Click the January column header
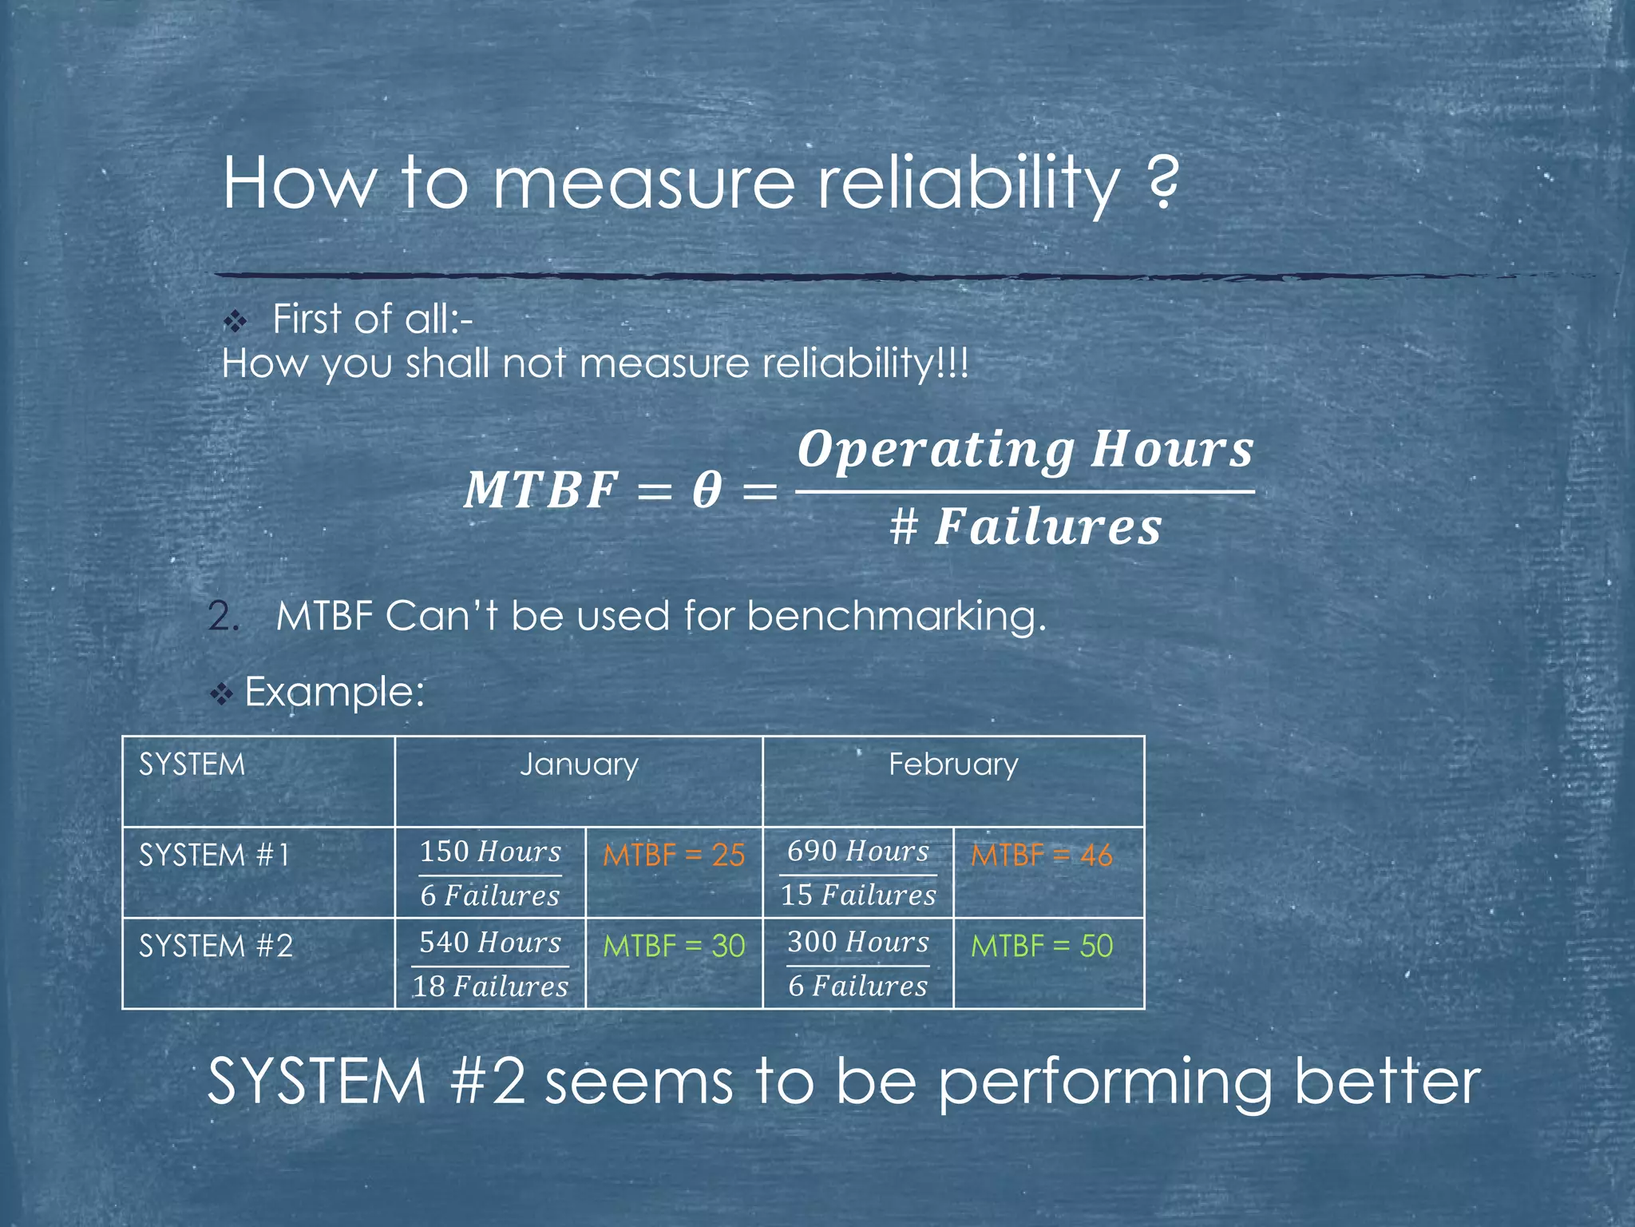(579, 764)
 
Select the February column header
(953, 764)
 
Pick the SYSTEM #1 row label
(214, 856)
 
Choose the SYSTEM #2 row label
(216, 947)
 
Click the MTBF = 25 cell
(674, 856)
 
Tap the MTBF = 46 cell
(1041, 856)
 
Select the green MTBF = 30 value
(674, 947)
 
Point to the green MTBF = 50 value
(1041, 947)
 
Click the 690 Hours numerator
(858, 851)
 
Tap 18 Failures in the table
(490, 987)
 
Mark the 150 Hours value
(490, 852)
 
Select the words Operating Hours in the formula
(1026, 450)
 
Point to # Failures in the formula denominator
(1026, 527)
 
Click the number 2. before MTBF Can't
(223, 617)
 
